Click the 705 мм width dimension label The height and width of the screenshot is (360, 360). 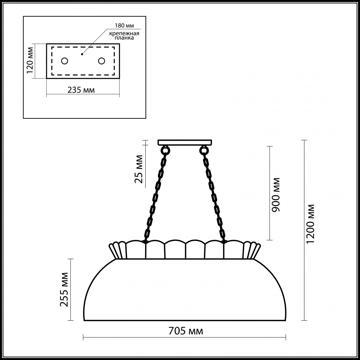click(x=186, y=331)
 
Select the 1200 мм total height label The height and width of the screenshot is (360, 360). click(x=310, y=224)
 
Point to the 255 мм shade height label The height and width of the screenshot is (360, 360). click(x=64, y=289)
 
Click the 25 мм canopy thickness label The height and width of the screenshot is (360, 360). click(x=139, y=169)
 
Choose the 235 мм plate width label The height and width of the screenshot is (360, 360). click(x=81, y=90)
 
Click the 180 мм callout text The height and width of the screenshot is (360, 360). click(x=124, y=26)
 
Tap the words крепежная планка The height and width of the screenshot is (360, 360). click(x=125, y=36)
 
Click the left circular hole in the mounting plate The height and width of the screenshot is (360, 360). click(x=65, y=61)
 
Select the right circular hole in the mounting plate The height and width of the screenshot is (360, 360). click(x=101, y=61)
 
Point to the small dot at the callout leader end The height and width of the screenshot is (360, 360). click(x=82, y=54)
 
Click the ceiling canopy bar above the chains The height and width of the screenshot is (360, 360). click(x=185, y=142)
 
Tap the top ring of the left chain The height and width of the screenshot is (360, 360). click(x=165, y=151)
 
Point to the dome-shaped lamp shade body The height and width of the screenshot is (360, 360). click(x=185, y=290)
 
